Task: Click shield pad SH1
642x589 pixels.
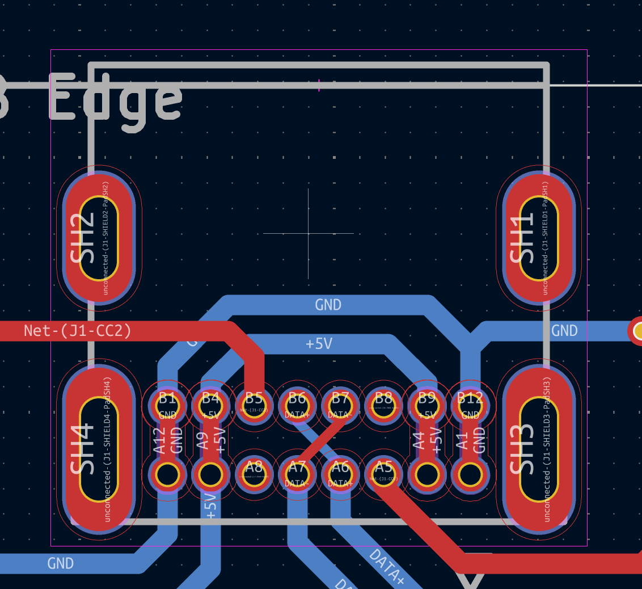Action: [x=539, y=238]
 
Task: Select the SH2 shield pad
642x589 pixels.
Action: [x=99, y=238]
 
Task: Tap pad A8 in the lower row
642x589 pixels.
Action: [x=254, y=474]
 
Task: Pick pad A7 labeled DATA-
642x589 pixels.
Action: [x=297, y=474]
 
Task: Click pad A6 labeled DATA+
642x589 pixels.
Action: [x=340, y=474]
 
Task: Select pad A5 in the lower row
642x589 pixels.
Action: [x=384, y=474]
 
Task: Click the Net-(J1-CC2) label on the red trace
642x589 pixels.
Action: [x=78, y=330]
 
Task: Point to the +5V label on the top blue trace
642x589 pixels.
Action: [x=319, y=344]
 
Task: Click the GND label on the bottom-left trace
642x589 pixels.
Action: [x=61, y=563]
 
